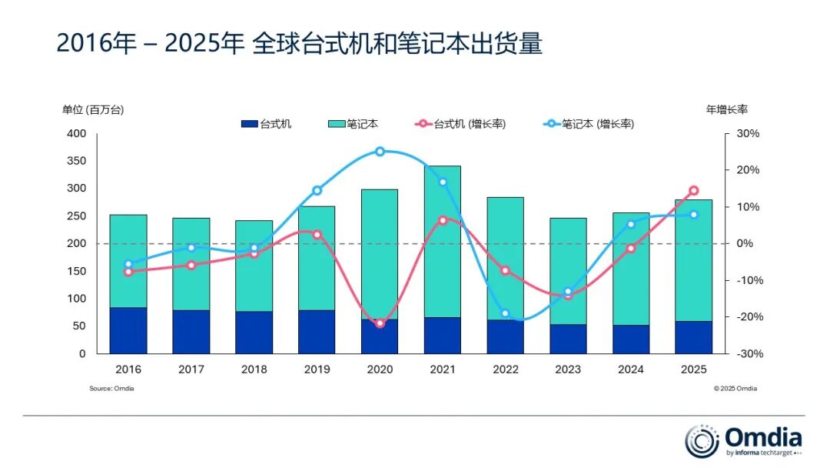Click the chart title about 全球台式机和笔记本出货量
[x=300, y=43]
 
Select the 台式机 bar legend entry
[x=266, y=124]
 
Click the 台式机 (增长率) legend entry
[x=460, y=124]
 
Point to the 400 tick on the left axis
[x=76, y=134]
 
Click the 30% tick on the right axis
[x=747, y=134]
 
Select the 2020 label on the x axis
[x=380, y=369]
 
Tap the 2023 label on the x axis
[x=568, y=369]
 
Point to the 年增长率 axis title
[x=727, y=110]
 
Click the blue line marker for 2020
[x=380, y=152]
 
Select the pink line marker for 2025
[x=693, y=190]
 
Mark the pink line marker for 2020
[x=380, y=323]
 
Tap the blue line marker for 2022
[x=505, y=314]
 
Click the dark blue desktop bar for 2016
[x=128, y=330]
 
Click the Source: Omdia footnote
[x=111, y=389]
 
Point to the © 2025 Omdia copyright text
[x=735, y=389]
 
